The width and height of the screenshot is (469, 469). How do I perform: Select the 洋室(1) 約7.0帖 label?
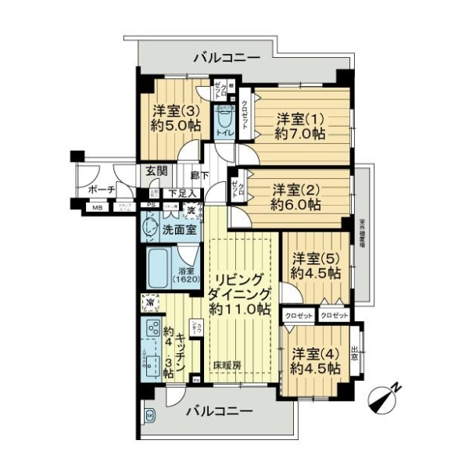click(x=299, y=126)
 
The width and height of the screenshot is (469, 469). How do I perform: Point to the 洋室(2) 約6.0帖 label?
click(x=295, y=196)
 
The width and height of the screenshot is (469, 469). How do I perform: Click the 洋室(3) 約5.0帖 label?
click(x=171, y=117)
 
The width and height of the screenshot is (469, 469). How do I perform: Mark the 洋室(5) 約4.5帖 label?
click(x=315, y=266)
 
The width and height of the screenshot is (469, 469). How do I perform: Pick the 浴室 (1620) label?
click(x=188, y=274)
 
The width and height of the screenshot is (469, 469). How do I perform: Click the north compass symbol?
click(x=388, y=395)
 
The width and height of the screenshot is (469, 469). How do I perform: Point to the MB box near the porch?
click(x=97, y=208)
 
